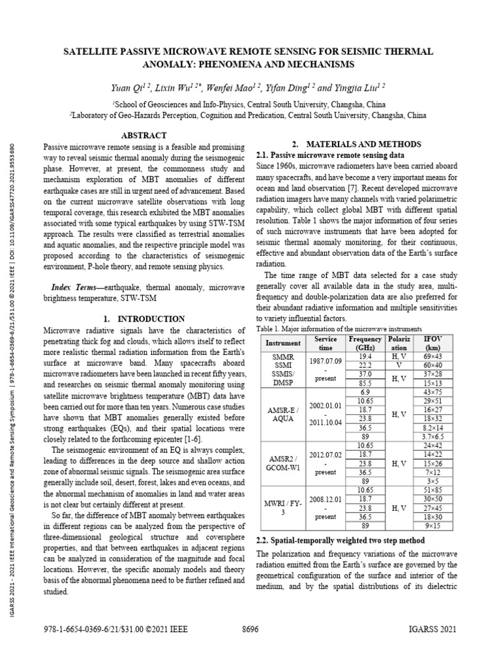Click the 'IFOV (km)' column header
[433, 343]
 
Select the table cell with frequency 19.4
[365, 357]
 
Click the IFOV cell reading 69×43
[433, 357]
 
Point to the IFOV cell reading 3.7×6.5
[433, 436]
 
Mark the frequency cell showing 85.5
[365, 383]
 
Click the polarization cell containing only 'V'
[398, 366]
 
